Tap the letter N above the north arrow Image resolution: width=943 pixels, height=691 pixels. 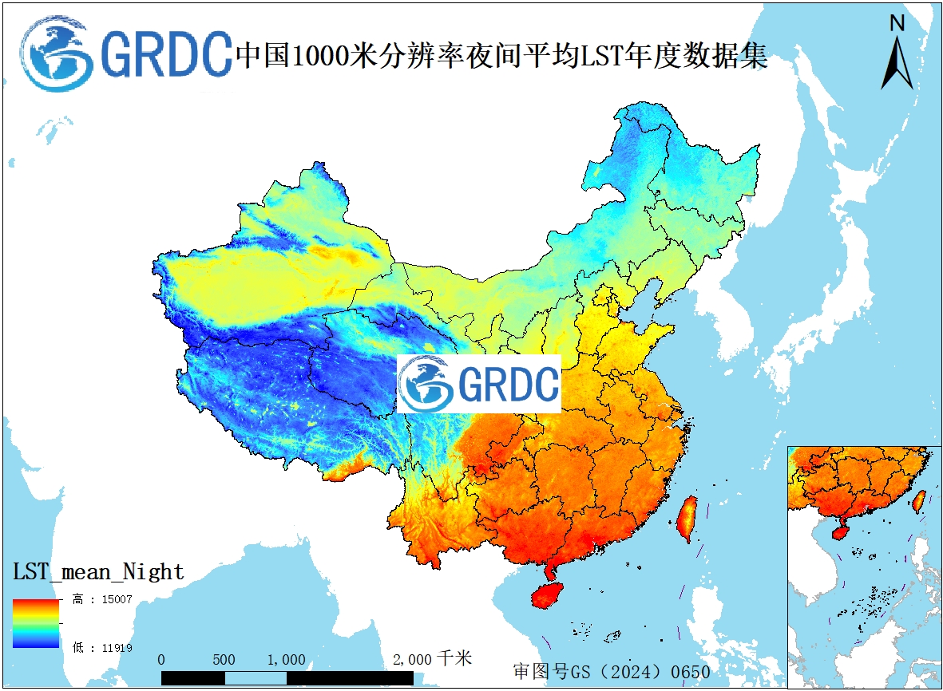[897, 24]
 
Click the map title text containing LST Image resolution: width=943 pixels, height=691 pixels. [501, 56]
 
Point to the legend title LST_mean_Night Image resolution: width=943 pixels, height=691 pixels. [98, 572]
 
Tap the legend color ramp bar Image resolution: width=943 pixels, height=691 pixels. [36, 623]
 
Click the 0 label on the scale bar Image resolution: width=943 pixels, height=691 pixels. [162, 660]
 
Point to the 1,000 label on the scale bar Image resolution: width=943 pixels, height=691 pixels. [286, 660]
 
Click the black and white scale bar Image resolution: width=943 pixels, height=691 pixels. [287, 678]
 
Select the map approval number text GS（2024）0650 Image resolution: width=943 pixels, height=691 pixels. [612, 672]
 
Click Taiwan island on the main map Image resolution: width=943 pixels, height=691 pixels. [686, 519]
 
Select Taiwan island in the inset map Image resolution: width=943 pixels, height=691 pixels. [919, 499]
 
